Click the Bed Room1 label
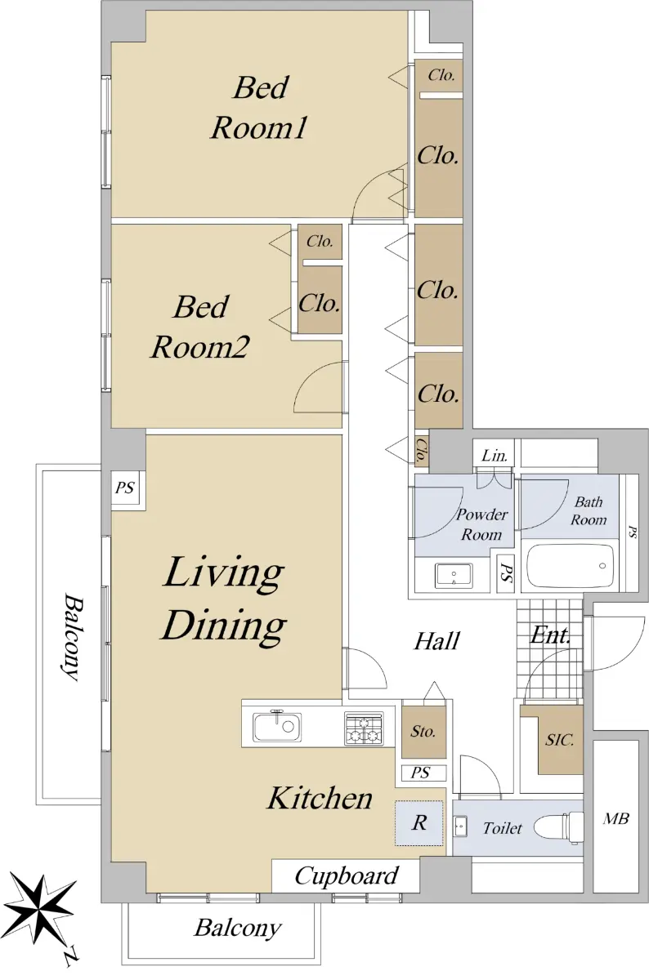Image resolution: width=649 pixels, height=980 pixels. (259, 108)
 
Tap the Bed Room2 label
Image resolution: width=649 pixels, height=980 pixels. (200, 327)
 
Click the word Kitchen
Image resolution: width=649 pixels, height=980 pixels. (320, 797)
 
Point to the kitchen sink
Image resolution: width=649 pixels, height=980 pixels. (277, 727)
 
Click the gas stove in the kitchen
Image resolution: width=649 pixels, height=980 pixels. (364, 728)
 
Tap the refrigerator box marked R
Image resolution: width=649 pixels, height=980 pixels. (419, 823)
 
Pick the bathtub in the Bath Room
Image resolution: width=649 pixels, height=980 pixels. (569, 566)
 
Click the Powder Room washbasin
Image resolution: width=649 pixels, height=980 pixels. (454, 574)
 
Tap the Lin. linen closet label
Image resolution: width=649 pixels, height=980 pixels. (495, 456)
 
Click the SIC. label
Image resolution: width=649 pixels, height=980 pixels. (560, 739)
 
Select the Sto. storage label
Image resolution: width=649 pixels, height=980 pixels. (423, 731)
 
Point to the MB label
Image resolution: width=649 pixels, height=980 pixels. (615, 818)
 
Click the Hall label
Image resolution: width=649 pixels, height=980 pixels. (436, 641)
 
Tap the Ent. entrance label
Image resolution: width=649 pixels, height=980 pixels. (550, 635)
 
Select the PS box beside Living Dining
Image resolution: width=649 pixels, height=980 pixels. (124, 488)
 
